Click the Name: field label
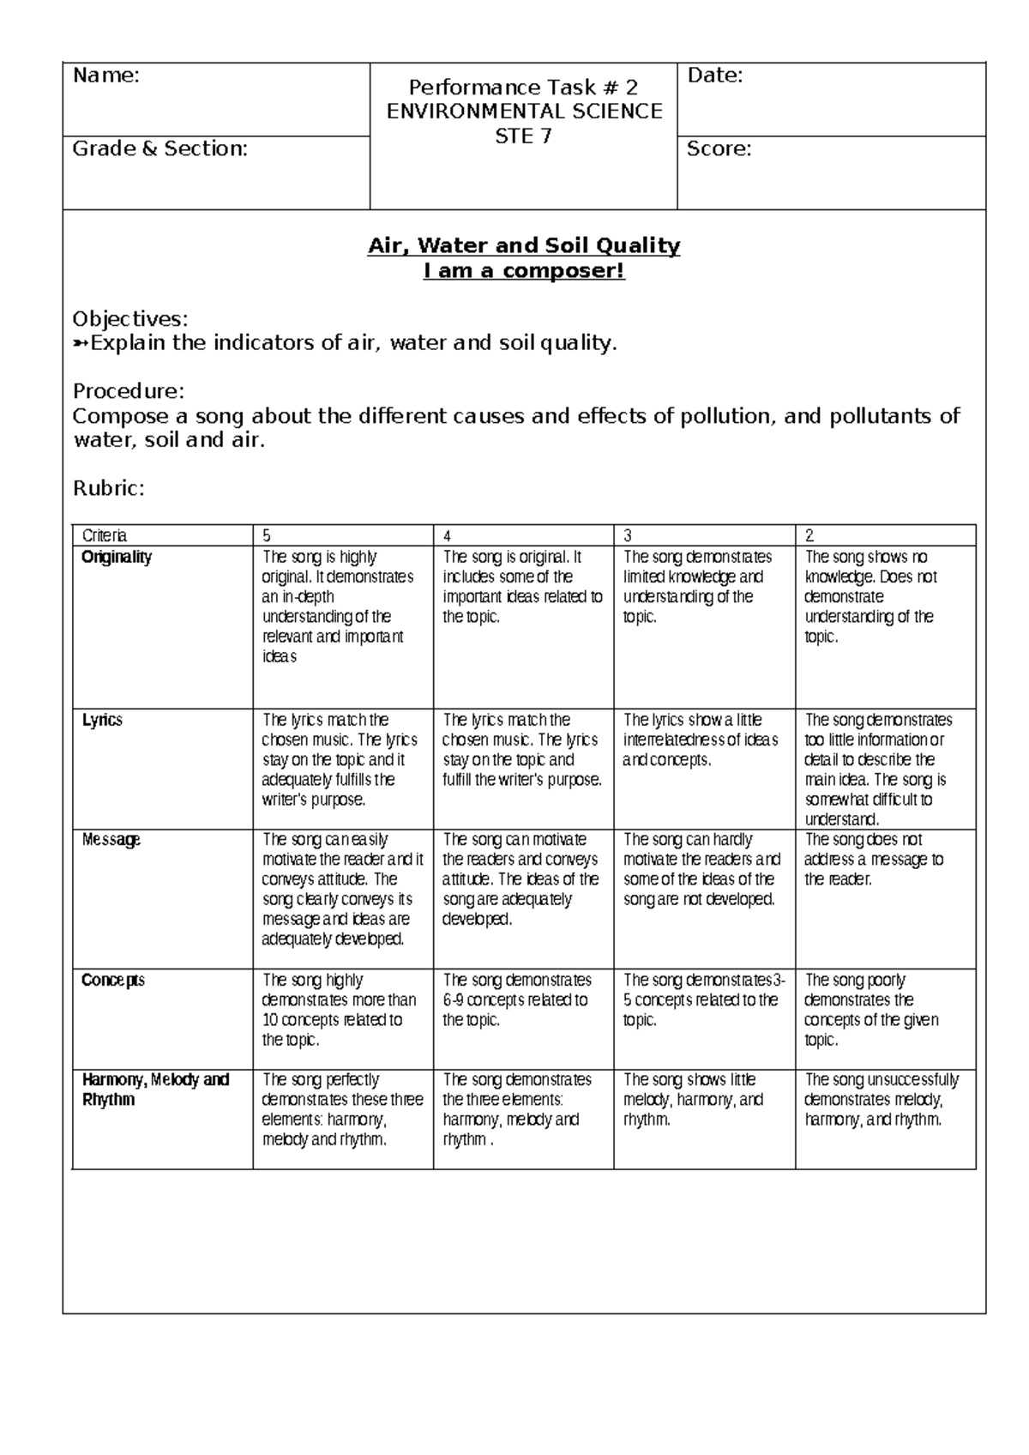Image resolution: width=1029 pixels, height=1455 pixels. click(x=105, y=76)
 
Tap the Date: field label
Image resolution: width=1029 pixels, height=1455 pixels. click(x=715, y=76)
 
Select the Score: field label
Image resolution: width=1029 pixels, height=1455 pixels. click(x=719, y=149)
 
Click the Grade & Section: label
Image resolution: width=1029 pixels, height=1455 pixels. click(x=159, y=149)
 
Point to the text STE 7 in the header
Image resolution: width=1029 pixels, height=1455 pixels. click(x=524, y=136)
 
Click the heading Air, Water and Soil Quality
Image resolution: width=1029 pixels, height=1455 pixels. click(x=524, y=246)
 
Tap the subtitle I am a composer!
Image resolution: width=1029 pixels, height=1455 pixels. click(x=524, y=272)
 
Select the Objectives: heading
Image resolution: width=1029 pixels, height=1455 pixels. click(x=129, y=319)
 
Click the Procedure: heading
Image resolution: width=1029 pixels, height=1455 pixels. click(x=129, y=392)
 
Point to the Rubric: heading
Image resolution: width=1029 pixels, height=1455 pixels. click(x=108, y=489)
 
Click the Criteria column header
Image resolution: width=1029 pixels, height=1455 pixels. click(x=104, y=536)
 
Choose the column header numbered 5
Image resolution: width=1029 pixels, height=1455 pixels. click(x=267, y=536)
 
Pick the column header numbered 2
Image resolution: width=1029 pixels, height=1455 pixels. click(x=809, y=536)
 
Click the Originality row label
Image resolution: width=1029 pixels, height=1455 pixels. click(x=117, y=558)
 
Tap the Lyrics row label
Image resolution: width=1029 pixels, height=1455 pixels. click(x=102, y=721)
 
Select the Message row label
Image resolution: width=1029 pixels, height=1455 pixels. click(x=111, y=840)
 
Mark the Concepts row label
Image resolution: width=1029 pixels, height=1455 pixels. click(x=113, y=981)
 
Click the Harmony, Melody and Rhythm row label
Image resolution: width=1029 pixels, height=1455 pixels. click(x=155, y=1090)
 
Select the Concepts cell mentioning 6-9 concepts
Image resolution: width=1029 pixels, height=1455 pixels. click(x=516, y=1000)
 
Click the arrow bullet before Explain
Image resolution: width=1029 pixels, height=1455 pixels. click(x=81, y=344)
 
